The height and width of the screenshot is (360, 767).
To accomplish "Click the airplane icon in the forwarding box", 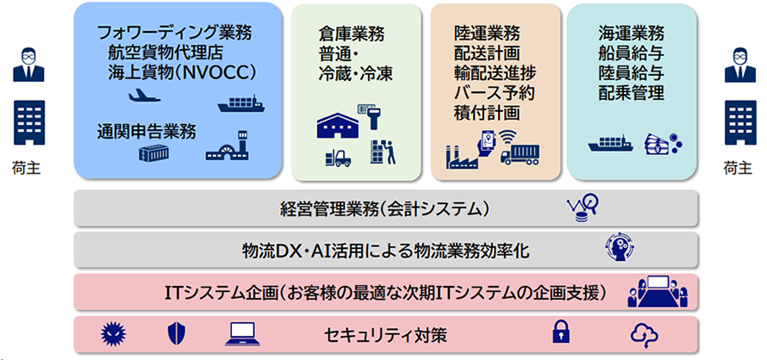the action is [145, 96].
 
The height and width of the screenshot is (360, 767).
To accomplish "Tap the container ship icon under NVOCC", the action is [241, 104].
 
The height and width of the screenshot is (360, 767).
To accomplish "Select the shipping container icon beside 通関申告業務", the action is [153, 153].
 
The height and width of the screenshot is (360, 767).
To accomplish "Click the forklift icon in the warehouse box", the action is [338, 158].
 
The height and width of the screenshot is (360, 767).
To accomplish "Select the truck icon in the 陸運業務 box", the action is [520, 154].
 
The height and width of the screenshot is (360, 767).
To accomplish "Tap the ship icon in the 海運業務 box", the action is [612, 145].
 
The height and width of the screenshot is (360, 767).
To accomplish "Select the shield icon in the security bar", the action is [177, 334].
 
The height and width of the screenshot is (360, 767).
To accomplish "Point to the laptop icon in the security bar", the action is [242, 334].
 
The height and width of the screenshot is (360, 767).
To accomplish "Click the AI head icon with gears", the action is [620, 247].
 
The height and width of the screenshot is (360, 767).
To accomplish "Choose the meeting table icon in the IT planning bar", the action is [658, 291].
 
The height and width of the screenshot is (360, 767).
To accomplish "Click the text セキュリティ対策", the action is [385, 336].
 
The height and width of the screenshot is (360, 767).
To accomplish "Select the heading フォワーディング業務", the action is [175, 34].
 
